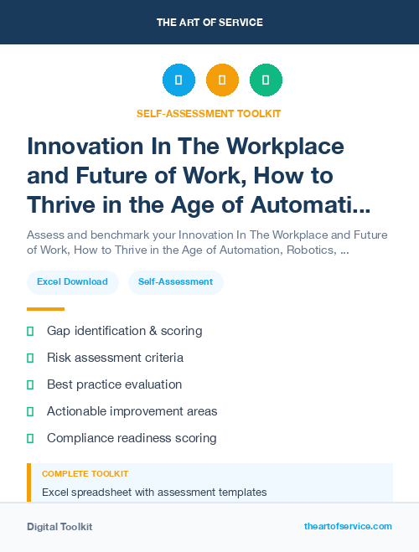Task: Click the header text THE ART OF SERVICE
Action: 209,23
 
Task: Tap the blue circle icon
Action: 178,80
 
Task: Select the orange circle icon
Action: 222,80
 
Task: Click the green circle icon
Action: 266,80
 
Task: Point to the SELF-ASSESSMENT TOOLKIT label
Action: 209,113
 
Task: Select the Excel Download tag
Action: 72,282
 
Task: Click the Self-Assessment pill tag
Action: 176,282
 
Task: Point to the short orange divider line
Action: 45,309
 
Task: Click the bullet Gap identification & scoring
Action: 124,331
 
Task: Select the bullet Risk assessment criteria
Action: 115,358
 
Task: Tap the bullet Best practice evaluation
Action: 114,384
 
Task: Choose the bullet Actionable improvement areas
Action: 132,411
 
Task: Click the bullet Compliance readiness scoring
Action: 132,438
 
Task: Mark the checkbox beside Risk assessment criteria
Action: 30,358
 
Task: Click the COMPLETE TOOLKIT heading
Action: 85,474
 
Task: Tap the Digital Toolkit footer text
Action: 59,527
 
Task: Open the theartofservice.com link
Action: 348,526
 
